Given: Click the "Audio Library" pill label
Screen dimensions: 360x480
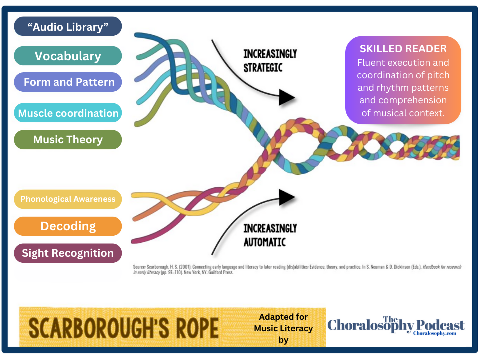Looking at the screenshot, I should pos(68,27).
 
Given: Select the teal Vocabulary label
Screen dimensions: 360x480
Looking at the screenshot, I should pos(68,56).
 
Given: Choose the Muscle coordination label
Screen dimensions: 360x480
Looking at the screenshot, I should pos(68,113).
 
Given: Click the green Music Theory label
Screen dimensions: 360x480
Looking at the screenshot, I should pos(68,140).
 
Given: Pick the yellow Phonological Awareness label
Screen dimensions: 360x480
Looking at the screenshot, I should pos(68,199).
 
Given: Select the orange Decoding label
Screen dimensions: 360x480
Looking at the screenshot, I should pos(68,226).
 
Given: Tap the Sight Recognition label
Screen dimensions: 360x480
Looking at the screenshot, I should pos(68,253).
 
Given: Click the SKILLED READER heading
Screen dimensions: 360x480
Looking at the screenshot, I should pos(403,49).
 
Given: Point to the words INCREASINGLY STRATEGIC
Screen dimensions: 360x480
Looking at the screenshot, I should pos(270,60).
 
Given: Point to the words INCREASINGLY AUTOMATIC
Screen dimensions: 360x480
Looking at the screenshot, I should pos(270,235).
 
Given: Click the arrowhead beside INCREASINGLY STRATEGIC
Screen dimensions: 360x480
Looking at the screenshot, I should pos(287,97).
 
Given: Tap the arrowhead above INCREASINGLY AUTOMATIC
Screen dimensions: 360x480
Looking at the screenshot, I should pos(287,197).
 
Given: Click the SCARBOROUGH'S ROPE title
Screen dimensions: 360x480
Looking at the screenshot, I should pos(123,328).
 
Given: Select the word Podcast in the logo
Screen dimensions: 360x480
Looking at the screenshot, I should pos(440,325).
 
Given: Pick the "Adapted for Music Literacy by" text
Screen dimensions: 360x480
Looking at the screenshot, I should pos(283,328).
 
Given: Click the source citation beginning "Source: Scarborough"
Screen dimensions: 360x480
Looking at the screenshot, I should pos(297,270).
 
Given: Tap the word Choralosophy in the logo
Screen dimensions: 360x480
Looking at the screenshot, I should pos(370,327).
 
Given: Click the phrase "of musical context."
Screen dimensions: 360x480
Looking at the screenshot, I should pos(403,113).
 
